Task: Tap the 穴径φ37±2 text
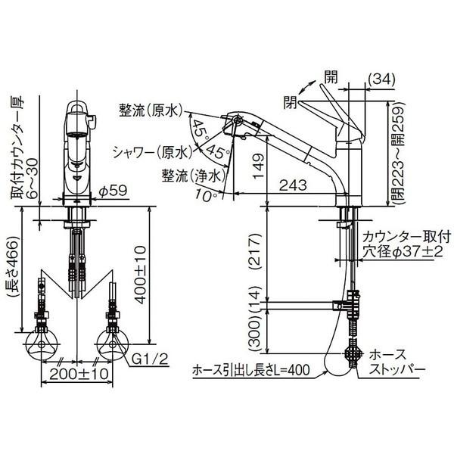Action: [400, 250]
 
